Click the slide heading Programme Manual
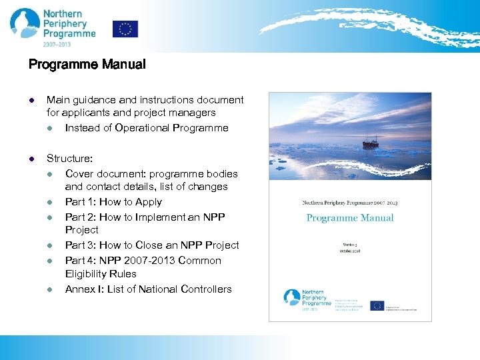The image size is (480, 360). pos(87,65)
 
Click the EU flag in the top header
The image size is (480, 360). pos(125,29)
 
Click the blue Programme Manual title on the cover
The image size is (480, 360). pos(350,218)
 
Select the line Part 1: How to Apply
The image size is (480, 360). pos(113,202)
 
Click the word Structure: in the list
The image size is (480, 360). pos(69,159)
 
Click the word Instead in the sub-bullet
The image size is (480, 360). pos(83,128)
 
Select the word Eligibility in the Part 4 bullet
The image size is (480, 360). pos(90,274)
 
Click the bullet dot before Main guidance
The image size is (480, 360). pos(31,100)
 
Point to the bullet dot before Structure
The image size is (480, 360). pos(31,159)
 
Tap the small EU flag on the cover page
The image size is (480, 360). pos(377,305)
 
